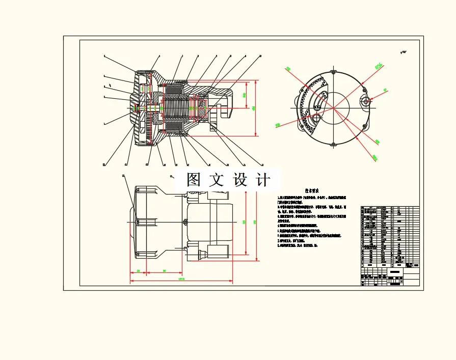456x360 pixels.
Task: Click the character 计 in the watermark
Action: pos(263,180)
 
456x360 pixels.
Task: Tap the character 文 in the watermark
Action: pos(217,180)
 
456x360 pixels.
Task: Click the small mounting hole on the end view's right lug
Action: pos(366,101)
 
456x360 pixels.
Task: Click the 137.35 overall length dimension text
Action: pos(181,279)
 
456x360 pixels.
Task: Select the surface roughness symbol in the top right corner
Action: pos(404,51)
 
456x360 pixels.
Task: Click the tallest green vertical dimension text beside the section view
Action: pos(254,108)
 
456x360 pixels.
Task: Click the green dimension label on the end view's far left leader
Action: pos(278,124)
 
